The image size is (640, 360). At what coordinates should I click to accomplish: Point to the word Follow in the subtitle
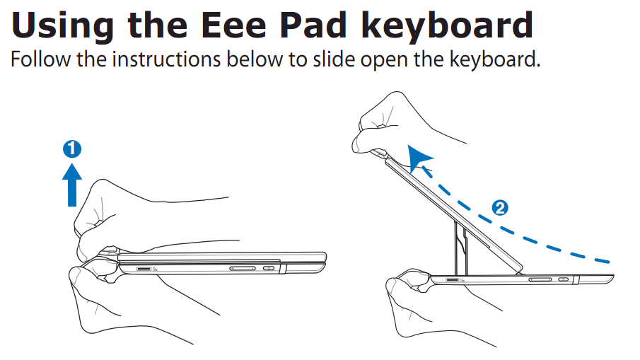coord(40,59)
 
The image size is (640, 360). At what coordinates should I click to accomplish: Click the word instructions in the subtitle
coord(166,59)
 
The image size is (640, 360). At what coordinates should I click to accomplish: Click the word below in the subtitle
coord(255,59)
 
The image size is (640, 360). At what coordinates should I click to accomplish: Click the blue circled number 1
coord(72,149)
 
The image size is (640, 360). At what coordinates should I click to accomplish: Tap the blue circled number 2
coord(500,208)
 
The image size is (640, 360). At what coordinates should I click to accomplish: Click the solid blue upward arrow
coord(72,185)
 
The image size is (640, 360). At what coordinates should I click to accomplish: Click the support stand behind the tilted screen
coord(461,248)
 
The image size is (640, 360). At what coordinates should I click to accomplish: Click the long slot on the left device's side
coord(243,268)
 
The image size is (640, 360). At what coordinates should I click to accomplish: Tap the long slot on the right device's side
coord(540,279)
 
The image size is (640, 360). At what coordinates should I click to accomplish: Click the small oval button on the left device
coord(269,268)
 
